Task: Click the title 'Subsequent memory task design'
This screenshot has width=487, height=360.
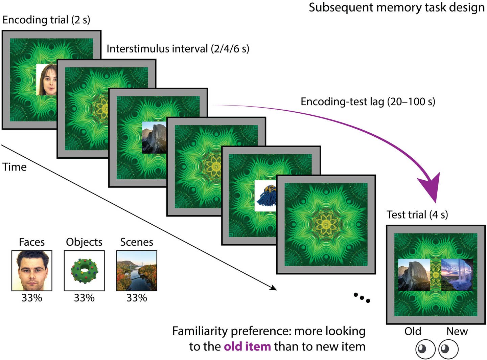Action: pyautogui.click(x=396, y=7)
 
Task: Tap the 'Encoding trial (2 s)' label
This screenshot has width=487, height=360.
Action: pyautogui.click(x=46, y=20)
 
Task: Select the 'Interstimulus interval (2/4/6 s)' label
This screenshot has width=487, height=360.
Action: pyautogui.click(x=178, y=49)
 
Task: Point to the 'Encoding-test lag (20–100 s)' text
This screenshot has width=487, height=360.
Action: pyautogui.click(x=368, y=102)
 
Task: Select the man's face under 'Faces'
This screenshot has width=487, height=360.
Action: pyautogui.click(x=32, y=271)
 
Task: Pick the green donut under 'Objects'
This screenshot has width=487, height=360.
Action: pyautogui.click(x=84, y=271)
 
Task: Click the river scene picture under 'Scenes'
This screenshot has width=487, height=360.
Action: pyautogui.click(x=137, y=271)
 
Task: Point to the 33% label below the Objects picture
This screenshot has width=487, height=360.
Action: pyautogui.click(x=84, y=298)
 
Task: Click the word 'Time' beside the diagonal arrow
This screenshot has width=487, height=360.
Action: pyautogui.click(x=15, y=167)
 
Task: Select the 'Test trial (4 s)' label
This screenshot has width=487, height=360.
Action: pyautogui.click(x=417, y=215)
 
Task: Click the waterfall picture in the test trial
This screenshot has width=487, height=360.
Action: pyautogui.click(x=457, y=275)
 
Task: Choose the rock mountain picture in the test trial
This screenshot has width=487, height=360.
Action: pyautogui.click(x=414, y=275)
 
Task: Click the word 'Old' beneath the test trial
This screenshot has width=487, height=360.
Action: pyautogui.click(x=413, y=332)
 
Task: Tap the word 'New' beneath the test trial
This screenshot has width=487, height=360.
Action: pyautogui.click(x=457, y=332)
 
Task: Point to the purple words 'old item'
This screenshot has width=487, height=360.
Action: pyautogui.click(x=247, y=347)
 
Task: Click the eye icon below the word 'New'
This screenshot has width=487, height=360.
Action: pyautogui.click(x=448, y=349)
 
